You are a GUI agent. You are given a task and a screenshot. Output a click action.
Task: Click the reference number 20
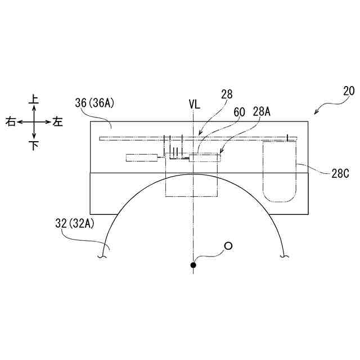pyautogui.click(x=349, y=91)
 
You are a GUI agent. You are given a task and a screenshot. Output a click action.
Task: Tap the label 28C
pyautogui.click(x=340, y=174)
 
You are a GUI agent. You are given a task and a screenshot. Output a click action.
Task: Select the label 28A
pyautogui.click(x=262, y=112)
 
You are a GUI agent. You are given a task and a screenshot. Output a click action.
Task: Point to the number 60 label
pyautogui.click(x=239, y=112)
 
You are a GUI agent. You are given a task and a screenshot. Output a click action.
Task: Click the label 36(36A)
pyautogui.click(x=94, y=103)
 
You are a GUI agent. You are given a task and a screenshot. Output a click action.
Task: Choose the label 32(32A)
pyautogui.click(x=75, y=223)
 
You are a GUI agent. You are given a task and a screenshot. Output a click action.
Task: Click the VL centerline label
pyautogui.click(x=195, y=105)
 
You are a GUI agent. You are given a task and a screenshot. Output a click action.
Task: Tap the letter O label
pyautogui.click(x=228, y=246)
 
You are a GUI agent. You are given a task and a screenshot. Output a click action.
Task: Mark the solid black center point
pyautogui.click(x=193, y=265)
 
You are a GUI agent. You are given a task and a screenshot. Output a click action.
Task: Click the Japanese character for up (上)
pyautogui.click(x=34, y=100)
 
